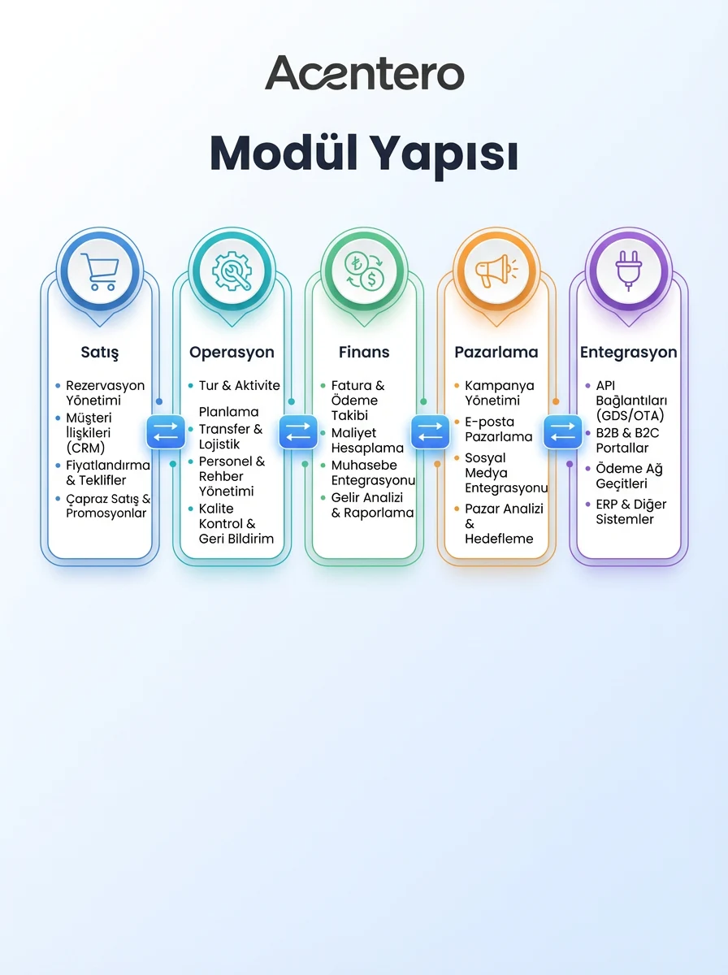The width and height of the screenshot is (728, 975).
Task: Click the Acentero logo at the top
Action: coord(364,72)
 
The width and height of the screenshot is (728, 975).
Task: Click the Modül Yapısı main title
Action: coord(364,154)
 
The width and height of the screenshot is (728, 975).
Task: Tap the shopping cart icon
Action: coord(100,271)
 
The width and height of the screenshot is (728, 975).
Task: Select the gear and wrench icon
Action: coord(232,271)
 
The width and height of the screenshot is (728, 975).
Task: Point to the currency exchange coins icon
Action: coord(364,271)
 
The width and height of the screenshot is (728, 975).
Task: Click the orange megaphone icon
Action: coord(496,271)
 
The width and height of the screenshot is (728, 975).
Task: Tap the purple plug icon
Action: coord(629,271)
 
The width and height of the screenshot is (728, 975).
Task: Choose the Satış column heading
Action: coord(100,353)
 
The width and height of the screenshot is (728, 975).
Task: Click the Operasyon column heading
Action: coord(232,353)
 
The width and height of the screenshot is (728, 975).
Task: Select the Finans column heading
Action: coord(364,353)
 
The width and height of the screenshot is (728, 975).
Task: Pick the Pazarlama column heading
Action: coord(496,353)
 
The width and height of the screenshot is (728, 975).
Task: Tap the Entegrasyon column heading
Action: coord(629,353)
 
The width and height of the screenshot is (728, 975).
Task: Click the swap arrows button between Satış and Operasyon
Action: coord(166,431)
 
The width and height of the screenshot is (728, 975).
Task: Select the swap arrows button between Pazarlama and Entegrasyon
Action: coord(563,431)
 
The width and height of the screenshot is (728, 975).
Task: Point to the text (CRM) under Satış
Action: coord(85,448)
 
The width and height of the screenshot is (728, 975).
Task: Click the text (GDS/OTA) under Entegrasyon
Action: coord(630,416)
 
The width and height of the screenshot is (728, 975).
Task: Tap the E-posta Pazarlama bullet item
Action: coord(498,429)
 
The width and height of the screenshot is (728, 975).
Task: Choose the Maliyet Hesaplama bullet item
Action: coord(367,440)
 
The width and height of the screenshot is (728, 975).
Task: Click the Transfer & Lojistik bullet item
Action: coord(231,436)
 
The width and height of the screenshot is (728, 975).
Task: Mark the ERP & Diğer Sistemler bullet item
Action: coord(631,512)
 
